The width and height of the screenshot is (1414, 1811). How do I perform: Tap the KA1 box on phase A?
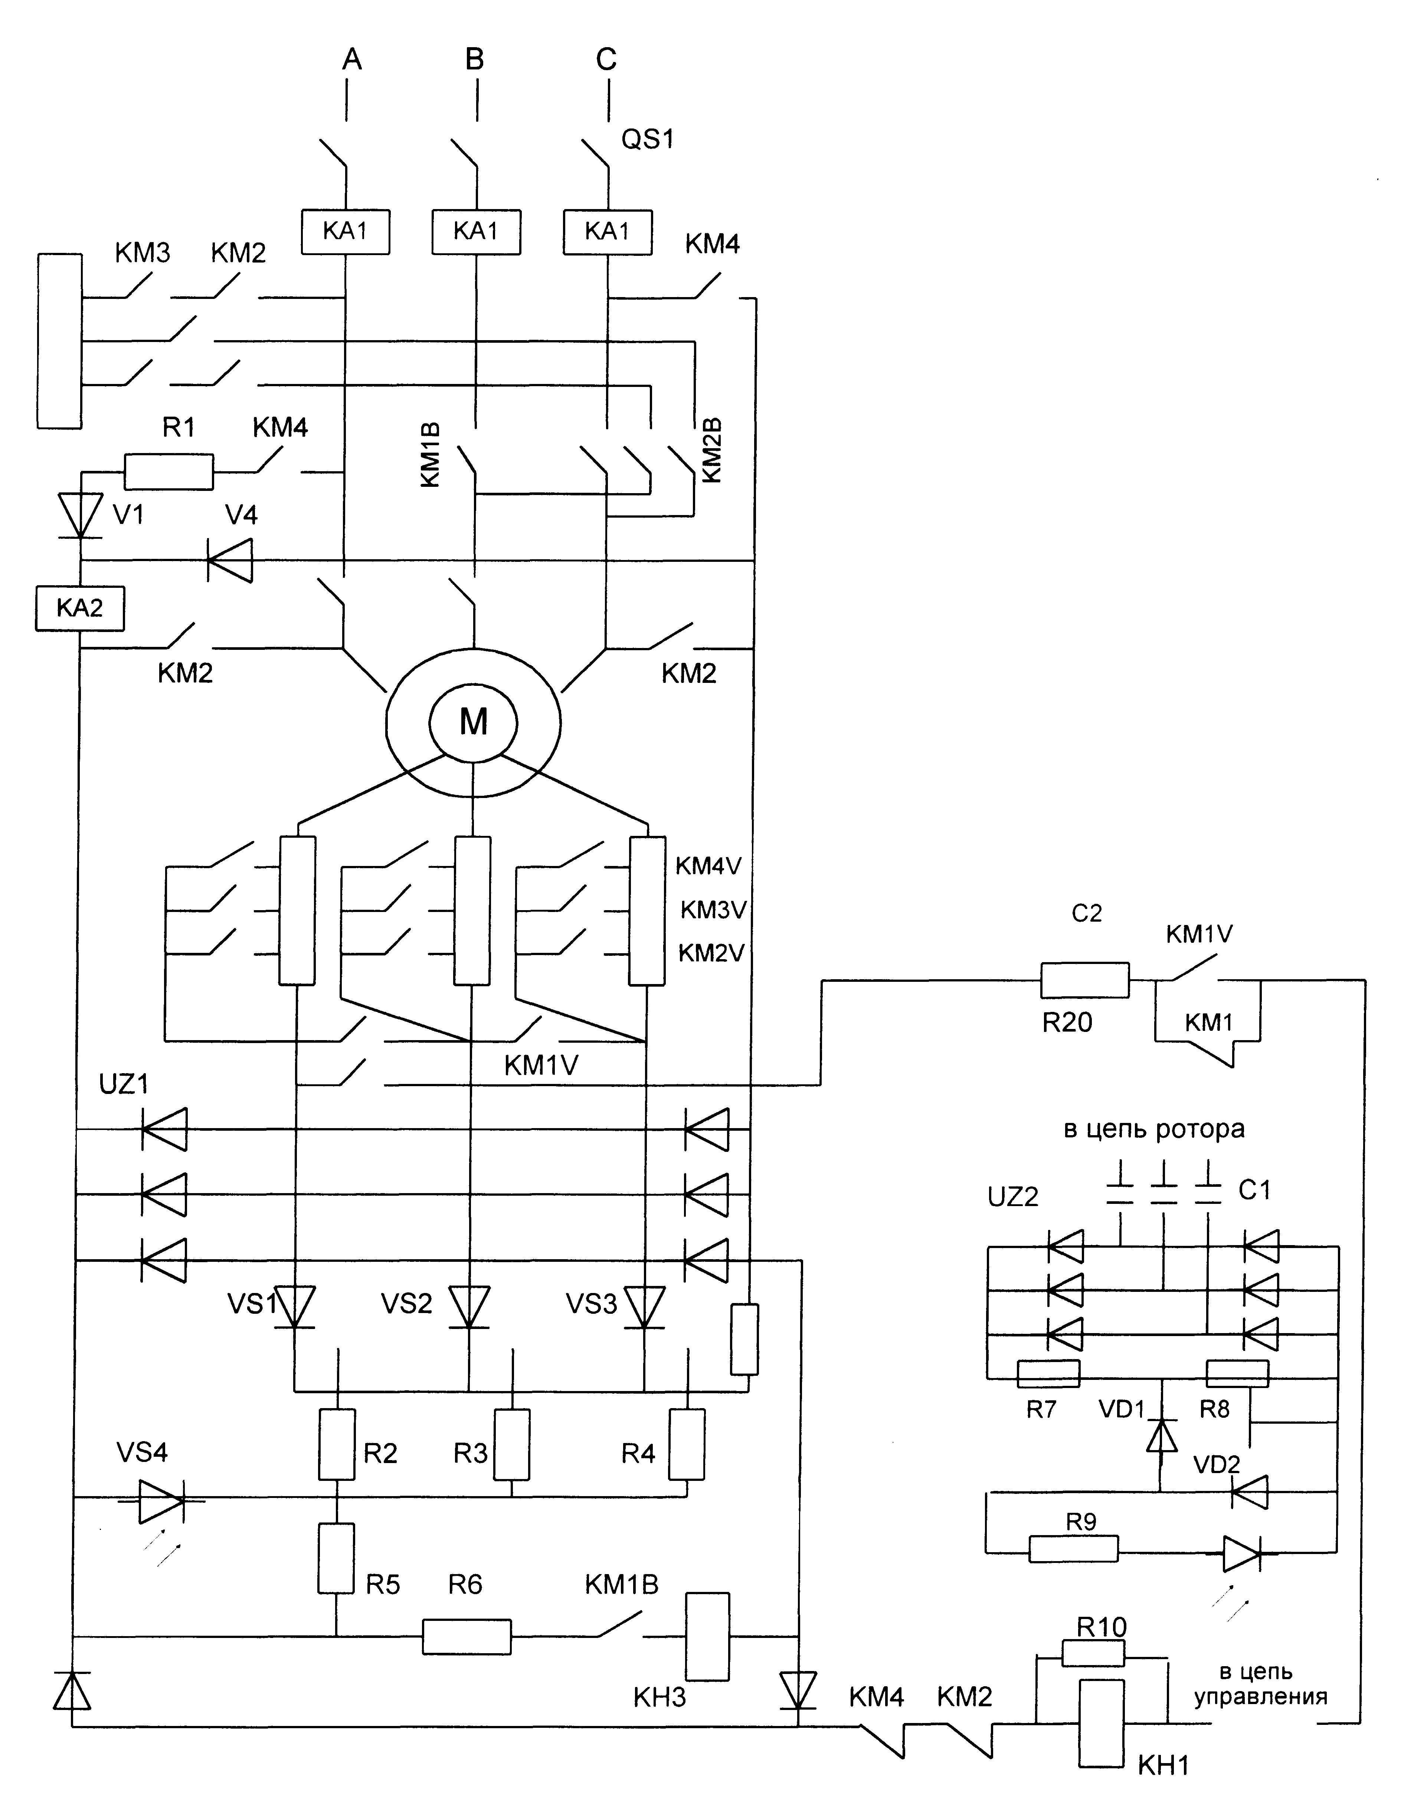pos(345,231)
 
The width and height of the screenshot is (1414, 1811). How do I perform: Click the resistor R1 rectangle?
pos(168,472)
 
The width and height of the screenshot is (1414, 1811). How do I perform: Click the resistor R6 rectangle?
pos(467,1637)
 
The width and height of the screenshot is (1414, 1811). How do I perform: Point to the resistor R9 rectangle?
pos(1073,1548)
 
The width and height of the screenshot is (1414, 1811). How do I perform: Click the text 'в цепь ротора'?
pos(1154,1129)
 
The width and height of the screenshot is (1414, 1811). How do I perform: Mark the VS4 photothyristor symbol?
pos(160,1497)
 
